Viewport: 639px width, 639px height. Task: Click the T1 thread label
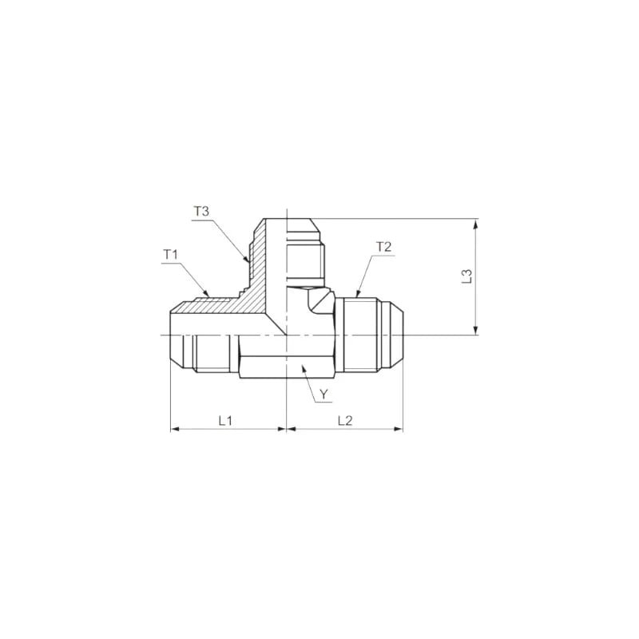[x=170, y=255]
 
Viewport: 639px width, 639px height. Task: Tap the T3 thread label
[x=200, y=212]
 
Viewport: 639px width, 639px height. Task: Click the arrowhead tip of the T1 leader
[x=211, y=296]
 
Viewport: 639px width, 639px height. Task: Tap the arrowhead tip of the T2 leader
[x=356, y=296]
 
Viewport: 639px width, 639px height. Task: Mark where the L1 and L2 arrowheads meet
[x=286, y=429]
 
